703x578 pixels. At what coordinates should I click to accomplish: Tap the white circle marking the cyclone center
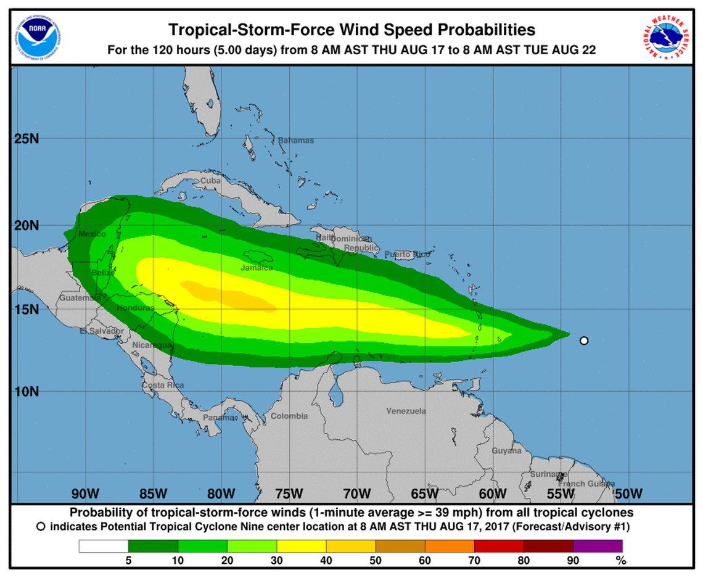pyautogui.click(x=584, y=340)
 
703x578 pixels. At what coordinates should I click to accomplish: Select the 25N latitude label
pyautogui.click(x=27, y=138)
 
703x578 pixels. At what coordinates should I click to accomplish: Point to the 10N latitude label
pyautogui.click(x=27, y=391)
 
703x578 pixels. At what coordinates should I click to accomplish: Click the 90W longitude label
pyautogui.click(x=85, y=493)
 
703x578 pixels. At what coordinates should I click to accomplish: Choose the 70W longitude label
pyautogui.click(x=356, y=493)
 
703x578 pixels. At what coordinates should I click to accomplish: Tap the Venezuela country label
pyautogui.click(x=406, y=411)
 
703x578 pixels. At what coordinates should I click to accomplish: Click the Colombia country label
pyautogui.click(x=289, y=416)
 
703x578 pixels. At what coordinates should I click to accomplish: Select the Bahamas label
pyautogui.click(x=295, y=140)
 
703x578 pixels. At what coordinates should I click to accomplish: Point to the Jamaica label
pyautogui.click(x=257, y=268)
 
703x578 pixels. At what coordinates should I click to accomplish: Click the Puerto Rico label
pyautogui.click(x=408, y=254)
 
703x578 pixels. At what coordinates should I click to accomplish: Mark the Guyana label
pyautogui.click(x=506, y=451)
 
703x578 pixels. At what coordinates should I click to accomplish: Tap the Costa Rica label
pyautogui.click(x=163, y=385)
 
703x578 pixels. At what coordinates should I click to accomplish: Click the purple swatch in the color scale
pyautogui.click(x=598, y=546)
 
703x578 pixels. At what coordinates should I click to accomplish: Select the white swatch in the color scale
pyautogui.click(x=104, y=546)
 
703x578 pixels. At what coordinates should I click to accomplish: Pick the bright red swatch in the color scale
pyautogui.click(x=499, y=546)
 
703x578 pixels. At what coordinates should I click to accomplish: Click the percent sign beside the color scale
pyautogui.click(x=621, y=561)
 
